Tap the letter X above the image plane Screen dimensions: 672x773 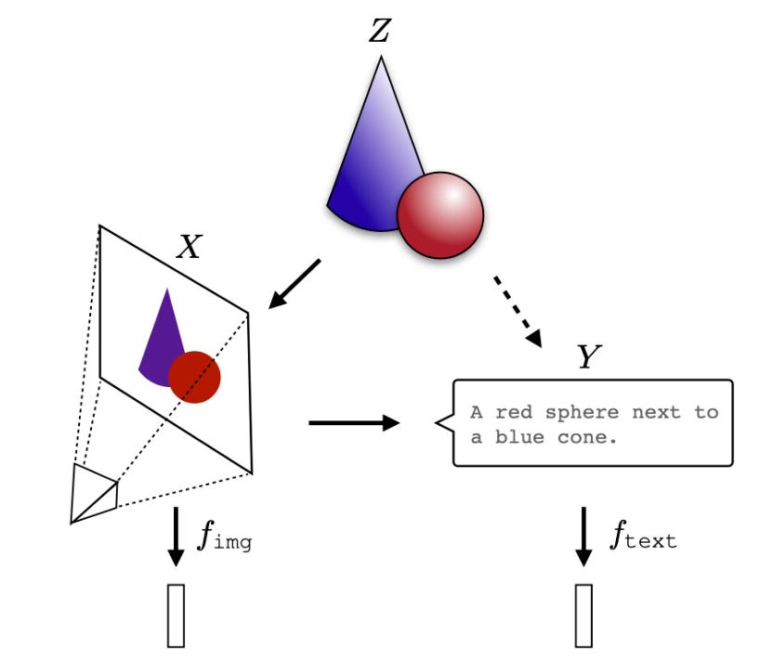[x=189, y=247]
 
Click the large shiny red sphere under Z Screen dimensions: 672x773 [x=441, y=215]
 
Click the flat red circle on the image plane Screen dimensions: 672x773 [x=194, y=377]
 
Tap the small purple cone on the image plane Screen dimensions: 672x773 [x=161, y=334]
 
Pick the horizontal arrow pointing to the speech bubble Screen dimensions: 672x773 [x=353, y=423]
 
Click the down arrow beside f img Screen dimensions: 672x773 [x=176, y=538]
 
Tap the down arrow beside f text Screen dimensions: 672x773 [x=583, y=536]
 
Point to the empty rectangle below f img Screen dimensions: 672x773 [x=176, y=614]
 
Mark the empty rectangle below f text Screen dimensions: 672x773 [x=583, y=614]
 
